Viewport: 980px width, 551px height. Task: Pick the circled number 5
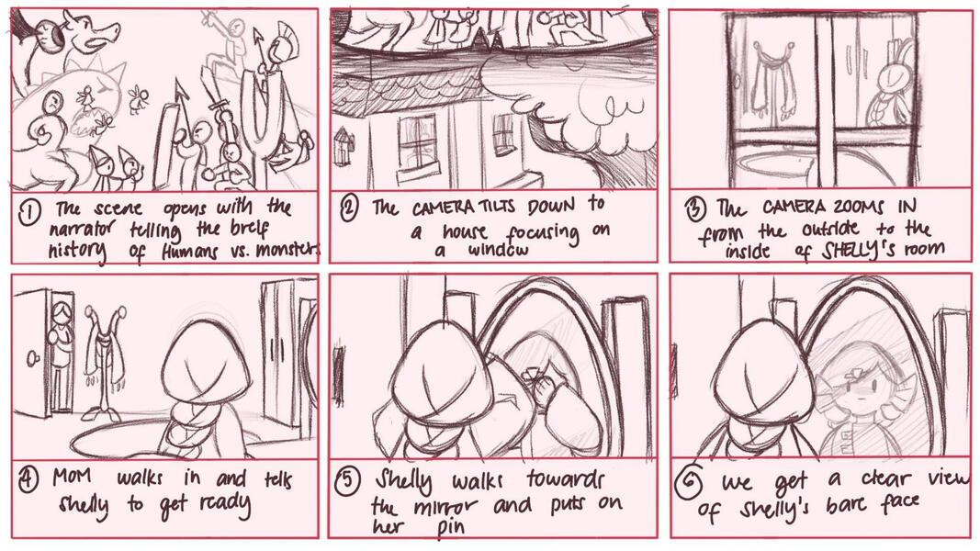pyautogui.click(x=348, y=481)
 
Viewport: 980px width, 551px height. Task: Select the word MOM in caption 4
pyautogui.click(x=73, y=477)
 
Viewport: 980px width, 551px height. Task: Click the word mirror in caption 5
pyautogui.click(x=445, y=507)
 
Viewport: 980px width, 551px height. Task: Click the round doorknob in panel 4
pyautogui.click(x=32, y=359)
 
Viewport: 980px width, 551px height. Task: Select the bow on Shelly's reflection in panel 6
pyautogui.click(x=854, y=377)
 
